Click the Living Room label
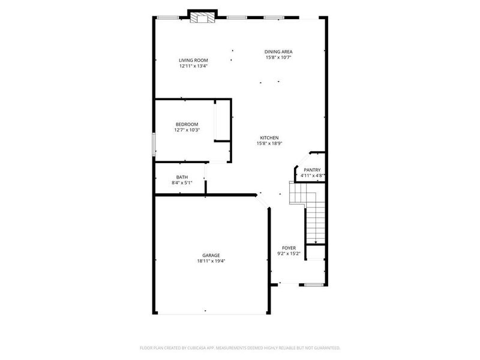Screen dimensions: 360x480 193,60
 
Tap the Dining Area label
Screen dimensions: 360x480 279,52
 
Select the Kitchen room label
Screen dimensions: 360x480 269,137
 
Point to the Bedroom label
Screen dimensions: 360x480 187,124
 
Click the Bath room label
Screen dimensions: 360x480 182,177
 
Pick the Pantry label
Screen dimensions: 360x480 312,170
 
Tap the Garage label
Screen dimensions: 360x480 211,255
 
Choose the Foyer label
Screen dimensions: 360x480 289,248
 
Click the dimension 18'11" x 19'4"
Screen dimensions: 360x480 211,261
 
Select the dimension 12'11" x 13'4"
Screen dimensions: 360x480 193,66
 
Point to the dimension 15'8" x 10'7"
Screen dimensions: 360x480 279,58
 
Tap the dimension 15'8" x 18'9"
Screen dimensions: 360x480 269,143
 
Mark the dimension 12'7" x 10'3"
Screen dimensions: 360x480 187,130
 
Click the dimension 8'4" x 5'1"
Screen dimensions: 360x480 182,183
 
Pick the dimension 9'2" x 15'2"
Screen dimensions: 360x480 289,254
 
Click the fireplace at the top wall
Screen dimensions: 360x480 202,17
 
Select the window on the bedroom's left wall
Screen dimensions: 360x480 154,145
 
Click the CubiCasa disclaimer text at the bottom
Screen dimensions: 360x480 240,347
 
